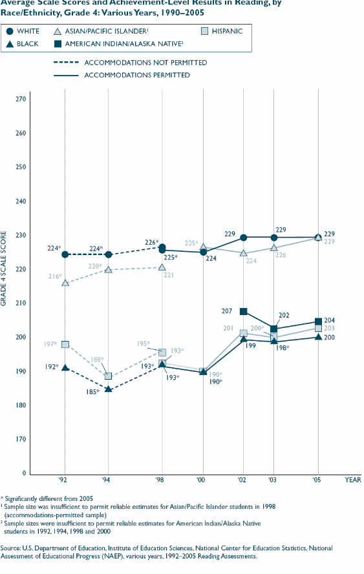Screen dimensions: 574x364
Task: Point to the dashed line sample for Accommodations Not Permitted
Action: coord(67,63)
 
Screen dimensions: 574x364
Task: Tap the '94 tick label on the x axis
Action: coord(107,481)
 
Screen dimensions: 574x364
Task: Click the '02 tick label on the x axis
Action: coord(243,481)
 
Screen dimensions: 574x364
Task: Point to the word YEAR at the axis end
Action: coord(352,481)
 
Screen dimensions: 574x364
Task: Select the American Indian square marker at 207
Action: coord(244,311)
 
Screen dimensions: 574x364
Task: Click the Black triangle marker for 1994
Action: coord(109,389)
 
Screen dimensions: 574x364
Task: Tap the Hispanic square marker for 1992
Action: coord(65,345)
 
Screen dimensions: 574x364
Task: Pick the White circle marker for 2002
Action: coord(244,238)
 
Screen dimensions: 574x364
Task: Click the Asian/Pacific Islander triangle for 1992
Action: coord(65,283)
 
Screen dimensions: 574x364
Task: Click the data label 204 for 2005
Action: coord(329,320)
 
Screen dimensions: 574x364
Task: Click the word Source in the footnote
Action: coord(11,548)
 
